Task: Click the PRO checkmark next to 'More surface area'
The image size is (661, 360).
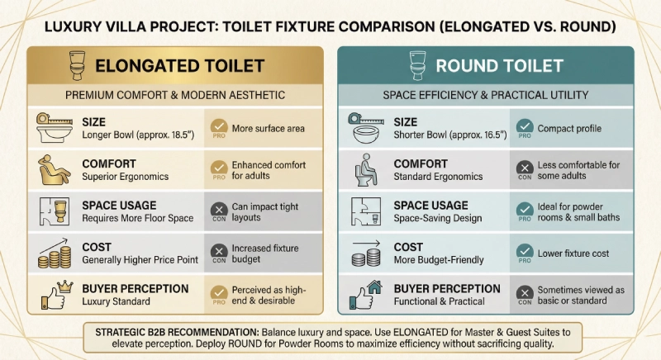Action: pos(219,127)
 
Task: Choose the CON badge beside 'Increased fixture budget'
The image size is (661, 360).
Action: pos(219,253)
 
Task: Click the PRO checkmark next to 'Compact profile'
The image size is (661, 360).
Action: pos(524,127)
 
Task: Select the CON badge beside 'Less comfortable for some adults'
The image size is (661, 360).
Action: pos(524,169)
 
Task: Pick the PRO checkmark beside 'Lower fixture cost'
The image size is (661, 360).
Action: pos(524,253)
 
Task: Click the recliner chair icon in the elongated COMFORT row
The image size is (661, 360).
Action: pos(55,169)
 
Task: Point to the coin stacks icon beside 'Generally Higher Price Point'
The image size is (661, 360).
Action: pos(53,253)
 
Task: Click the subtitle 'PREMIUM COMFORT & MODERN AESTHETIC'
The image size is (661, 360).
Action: pos(175,95)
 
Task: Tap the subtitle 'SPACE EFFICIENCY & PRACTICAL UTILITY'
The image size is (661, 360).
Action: pos(485,95)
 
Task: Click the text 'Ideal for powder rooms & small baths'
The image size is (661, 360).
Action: pos(583,211)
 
